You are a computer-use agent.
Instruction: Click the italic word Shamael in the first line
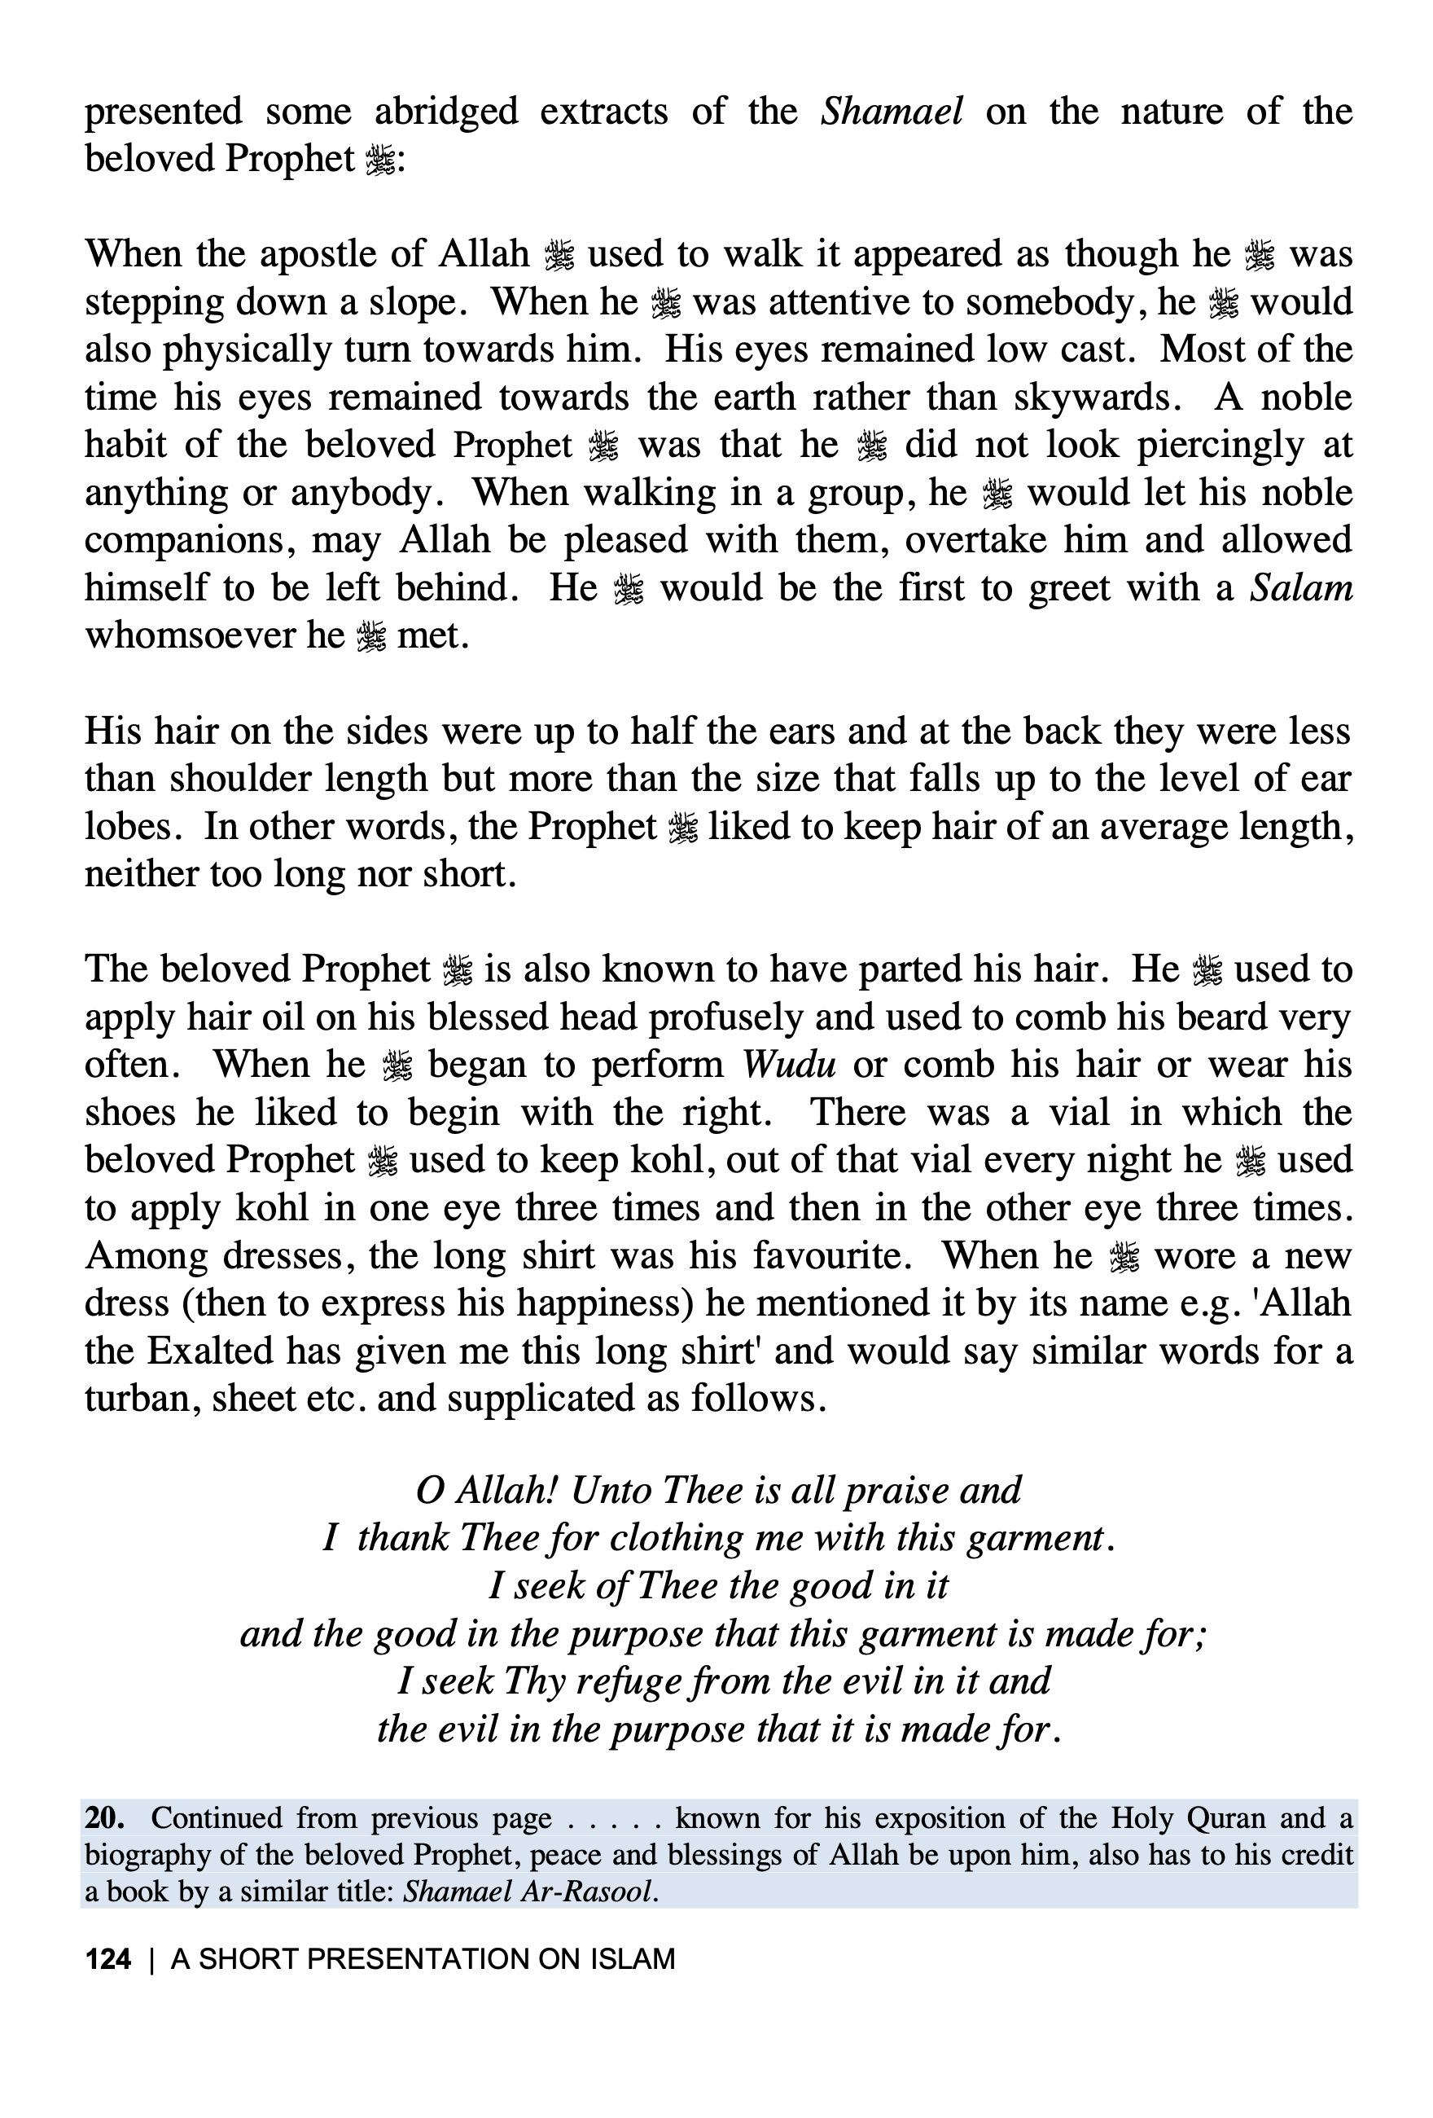click(x=891, y=111)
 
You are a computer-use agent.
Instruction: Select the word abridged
click(x=445, y=111)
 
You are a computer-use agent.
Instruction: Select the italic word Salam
click(x=1300, y=588)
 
